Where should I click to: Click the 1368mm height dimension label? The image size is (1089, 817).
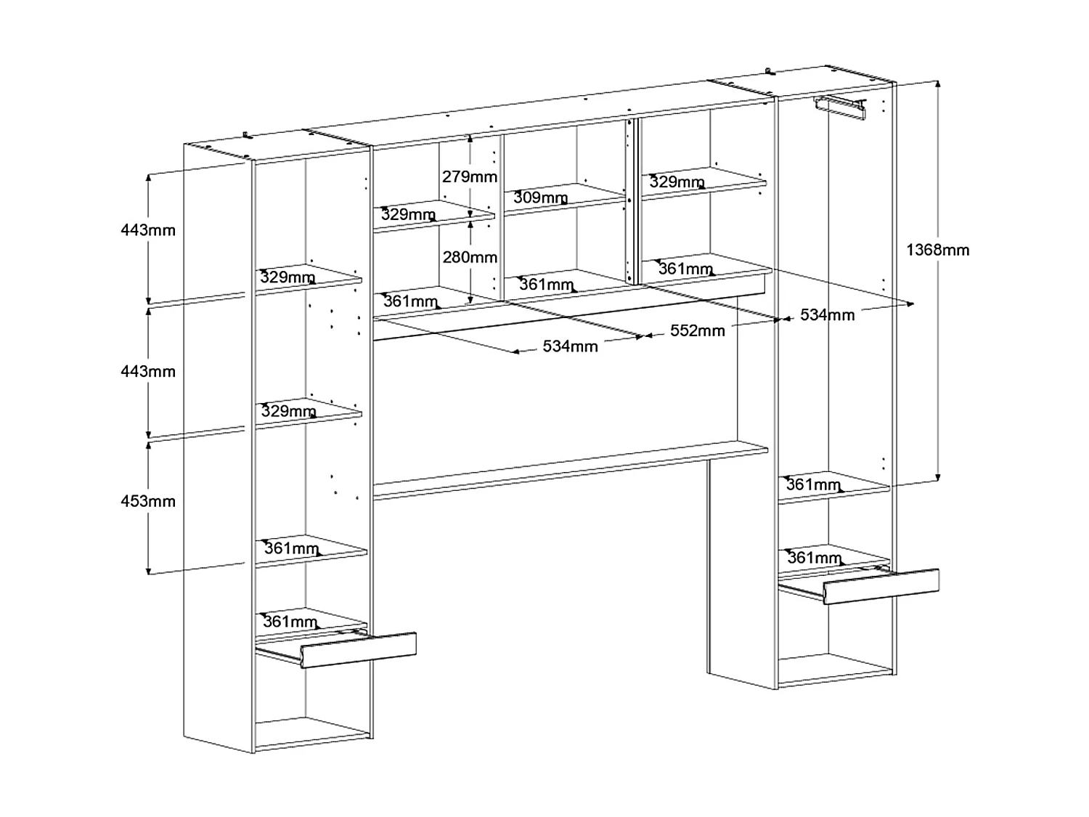pos(938,250)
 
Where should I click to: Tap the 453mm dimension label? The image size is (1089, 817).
pos(148,502)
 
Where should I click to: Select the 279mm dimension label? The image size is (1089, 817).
pos(470,176)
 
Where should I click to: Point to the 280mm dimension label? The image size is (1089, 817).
pos(470,258)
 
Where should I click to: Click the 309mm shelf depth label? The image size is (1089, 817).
pos(541,198)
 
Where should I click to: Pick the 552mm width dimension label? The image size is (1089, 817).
pos(698,331)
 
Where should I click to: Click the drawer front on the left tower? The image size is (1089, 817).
pos(358,650)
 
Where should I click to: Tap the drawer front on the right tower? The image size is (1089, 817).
pos(881,586)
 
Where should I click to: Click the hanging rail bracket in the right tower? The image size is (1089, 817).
pos(840,107)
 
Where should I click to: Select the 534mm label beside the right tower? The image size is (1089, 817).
pos(828,315)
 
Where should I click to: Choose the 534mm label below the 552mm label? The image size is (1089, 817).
pos(570,346)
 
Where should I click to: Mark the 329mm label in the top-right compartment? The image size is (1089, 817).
pos(677,182)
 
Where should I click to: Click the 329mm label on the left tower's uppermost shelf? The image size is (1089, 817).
pos(287,277)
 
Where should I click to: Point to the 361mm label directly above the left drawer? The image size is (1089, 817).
pos(290,622)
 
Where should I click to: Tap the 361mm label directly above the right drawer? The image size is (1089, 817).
pos(815,558)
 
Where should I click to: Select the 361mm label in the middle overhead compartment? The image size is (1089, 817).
pos(547,285)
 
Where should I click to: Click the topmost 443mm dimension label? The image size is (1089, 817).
pos(148,230)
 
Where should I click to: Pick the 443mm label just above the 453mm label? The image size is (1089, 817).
pos(148,372)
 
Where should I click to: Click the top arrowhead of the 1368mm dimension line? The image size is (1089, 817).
pos(938,84)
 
